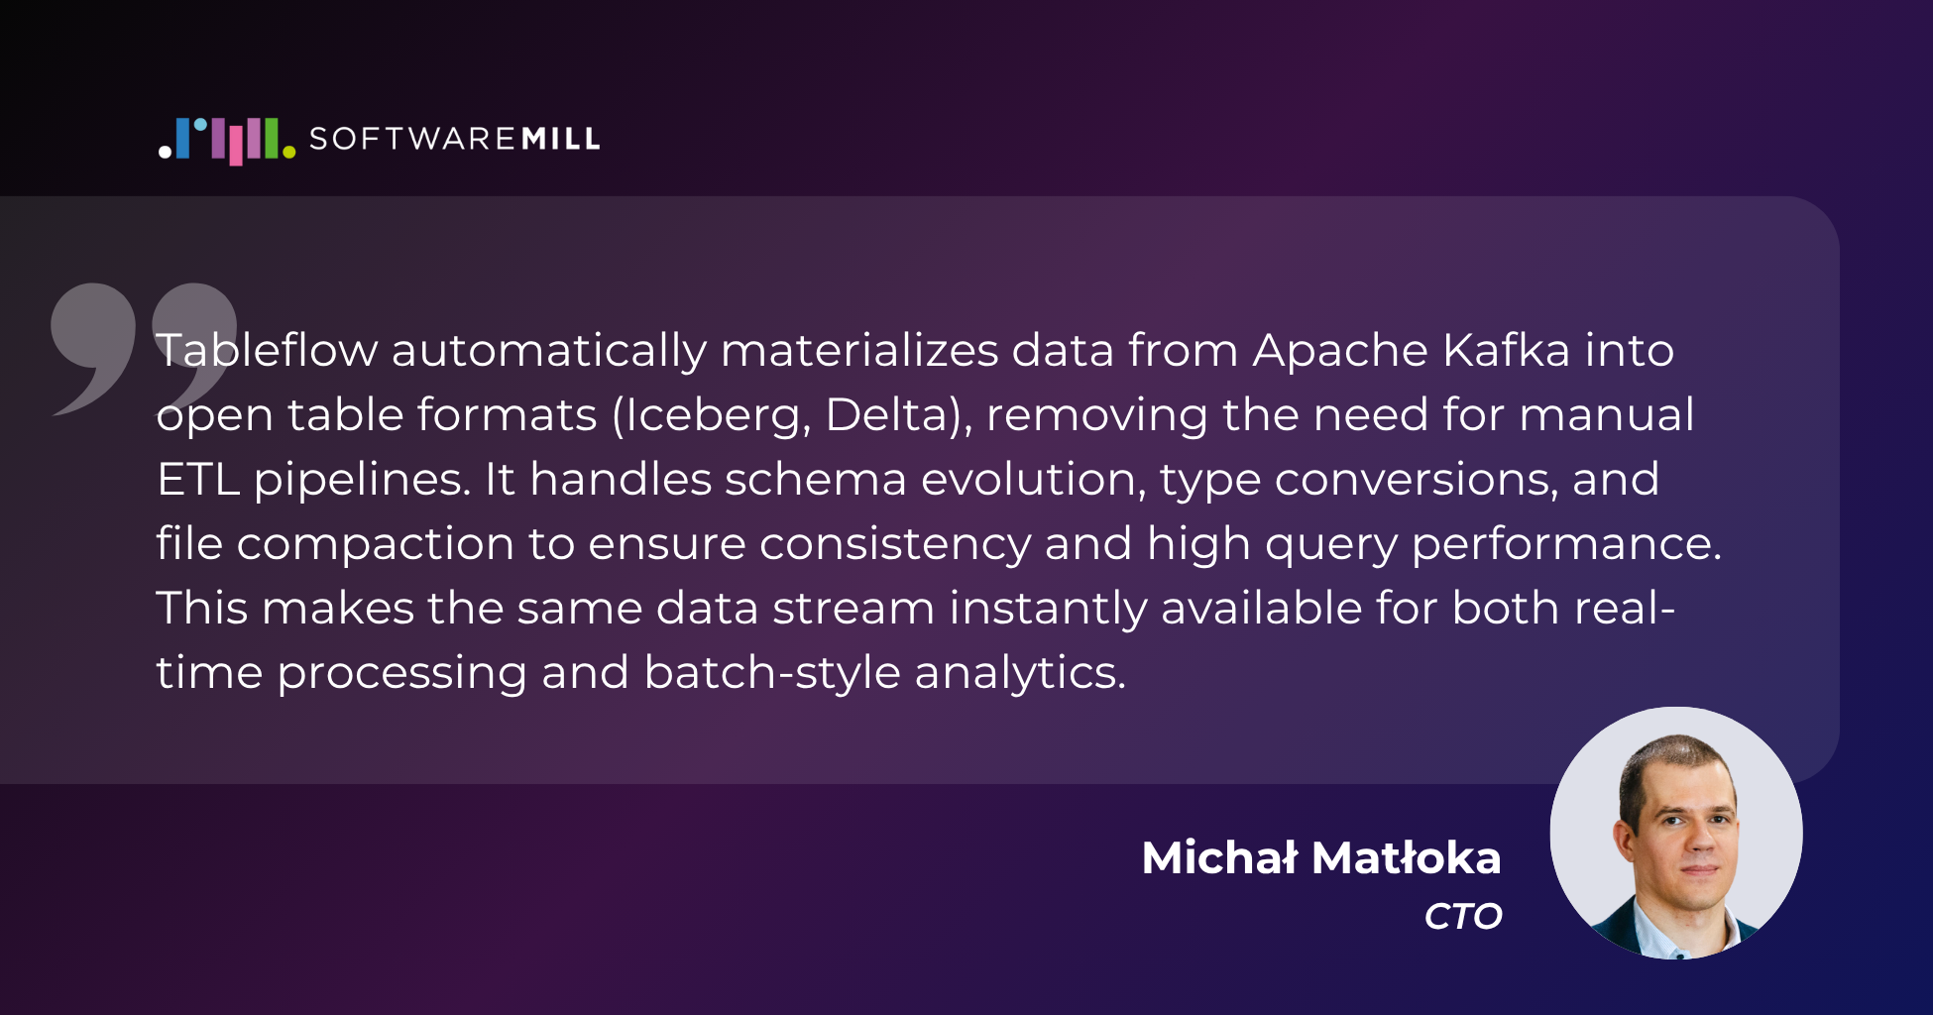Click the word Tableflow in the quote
point(267,350)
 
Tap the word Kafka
point(1507,350)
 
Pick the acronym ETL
point(198,480)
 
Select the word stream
point(853,609)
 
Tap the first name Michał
point(1219,857)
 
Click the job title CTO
point(1464,916)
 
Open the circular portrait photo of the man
point(1676,833)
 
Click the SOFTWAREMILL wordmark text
point(455,139)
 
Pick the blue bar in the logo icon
point(182,139)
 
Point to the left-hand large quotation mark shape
point(94,347)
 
